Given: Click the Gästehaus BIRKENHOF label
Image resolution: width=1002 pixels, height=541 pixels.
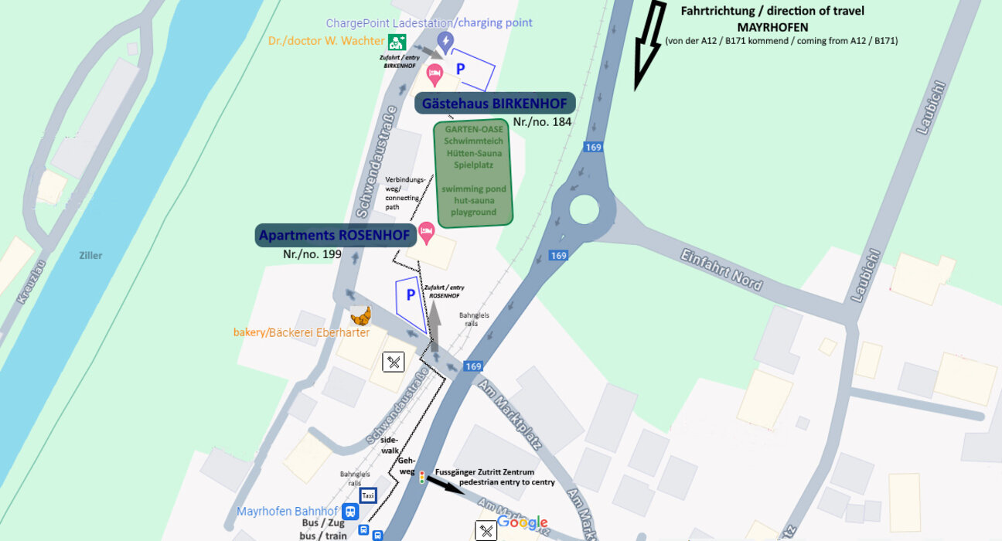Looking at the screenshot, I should pyautogui.click(x=495, y=104).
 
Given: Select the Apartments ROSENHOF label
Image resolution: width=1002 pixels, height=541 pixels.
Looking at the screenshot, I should pyautogui.click(x=334, y=235).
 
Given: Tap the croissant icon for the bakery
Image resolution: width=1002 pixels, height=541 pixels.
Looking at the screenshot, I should pyautogui.click(x=360, y=315).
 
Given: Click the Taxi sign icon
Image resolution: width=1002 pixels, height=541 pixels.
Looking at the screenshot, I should pyautogui.click(x=368, y=495).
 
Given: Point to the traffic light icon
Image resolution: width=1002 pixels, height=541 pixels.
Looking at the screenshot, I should pyautogui.click(x=421, y=478).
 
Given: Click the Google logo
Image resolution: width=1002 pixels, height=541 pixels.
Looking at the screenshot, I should pyautogui.click(x=522, y=522).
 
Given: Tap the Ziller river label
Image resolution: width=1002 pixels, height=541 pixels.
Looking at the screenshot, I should pyautogui.click(x=90, y=255).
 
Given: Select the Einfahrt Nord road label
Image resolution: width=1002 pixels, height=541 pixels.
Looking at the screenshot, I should pyautogui.click(x=722, y=270).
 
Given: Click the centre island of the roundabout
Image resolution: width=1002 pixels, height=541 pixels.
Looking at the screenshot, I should pyautogui.click(x=584, y=209).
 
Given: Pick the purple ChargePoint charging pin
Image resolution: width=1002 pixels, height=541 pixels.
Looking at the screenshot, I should pyautogui.click(x=445, y=40).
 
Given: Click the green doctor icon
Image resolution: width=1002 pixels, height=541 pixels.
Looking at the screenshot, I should pyautogui.click(x=397, y=42).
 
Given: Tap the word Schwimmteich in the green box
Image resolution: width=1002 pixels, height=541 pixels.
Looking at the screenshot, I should pyautogui.click(x=472, y=141).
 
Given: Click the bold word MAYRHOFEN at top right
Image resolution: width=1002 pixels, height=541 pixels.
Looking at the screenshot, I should pyautogui.click(x=772, y=26).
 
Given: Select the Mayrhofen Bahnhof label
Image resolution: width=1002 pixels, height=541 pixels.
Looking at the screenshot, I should pyautogui.click(x=287, y=512).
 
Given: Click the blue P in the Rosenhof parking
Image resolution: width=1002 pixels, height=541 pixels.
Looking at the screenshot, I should pyautogui.click(x=411, y=294).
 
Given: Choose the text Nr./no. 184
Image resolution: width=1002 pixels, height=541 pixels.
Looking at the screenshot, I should pyautogui.click(x=542, y=122).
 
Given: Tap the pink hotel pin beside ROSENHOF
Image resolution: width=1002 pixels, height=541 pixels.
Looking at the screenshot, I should pyautogui.click(x=426, y=230).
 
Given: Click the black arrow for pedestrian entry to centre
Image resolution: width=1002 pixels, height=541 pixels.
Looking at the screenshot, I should pyautogui.click(x=441, y=483).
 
